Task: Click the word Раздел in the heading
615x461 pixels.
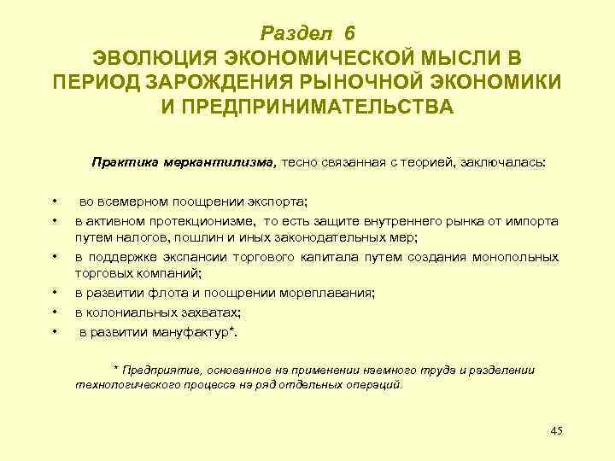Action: pyautogui.click(x=298, y=33)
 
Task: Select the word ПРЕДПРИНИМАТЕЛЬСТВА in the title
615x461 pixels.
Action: pyautogui.click(x=307, y=108)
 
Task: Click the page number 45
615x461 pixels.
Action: pyautogui.click(x=556, y=430)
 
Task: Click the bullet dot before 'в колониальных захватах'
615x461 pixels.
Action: pyautogui.click(x=54, y=312)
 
